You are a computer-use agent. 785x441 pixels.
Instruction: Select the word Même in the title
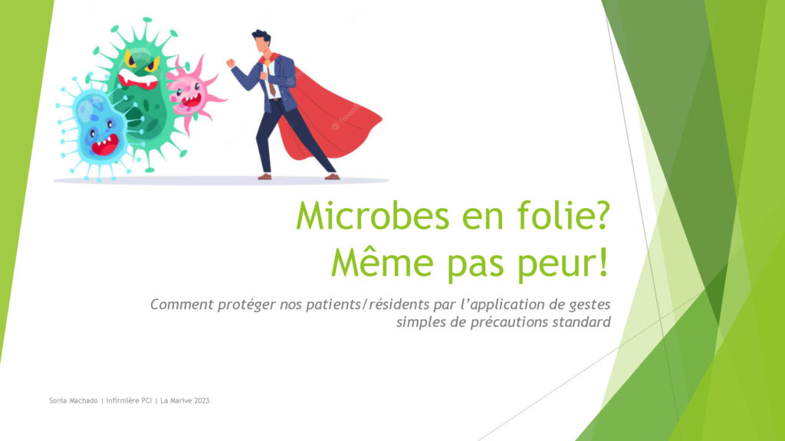click(x=382, y=262)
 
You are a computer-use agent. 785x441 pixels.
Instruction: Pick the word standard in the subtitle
click(x=581, y=322)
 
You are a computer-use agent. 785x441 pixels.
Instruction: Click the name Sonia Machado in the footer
click(x=73, y=400)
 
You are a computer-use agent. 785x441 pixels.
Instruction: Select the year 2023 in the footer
click(x=202, y=400)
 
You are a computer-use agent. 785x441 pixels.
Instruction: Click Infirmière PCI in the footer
click(x=129, y=400)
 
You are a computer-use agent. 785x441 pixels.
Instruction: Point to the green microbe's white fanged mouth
click(x=138, y=80)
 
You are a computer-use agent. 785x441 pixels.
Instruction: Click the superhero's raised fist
click(x=230, y=63)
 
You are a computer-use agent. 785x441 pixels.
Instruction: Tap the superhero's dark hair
click(x=261, y=37)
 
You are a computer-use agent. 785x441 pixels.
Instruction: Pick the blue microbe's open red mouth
click(x=105, y=145)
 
